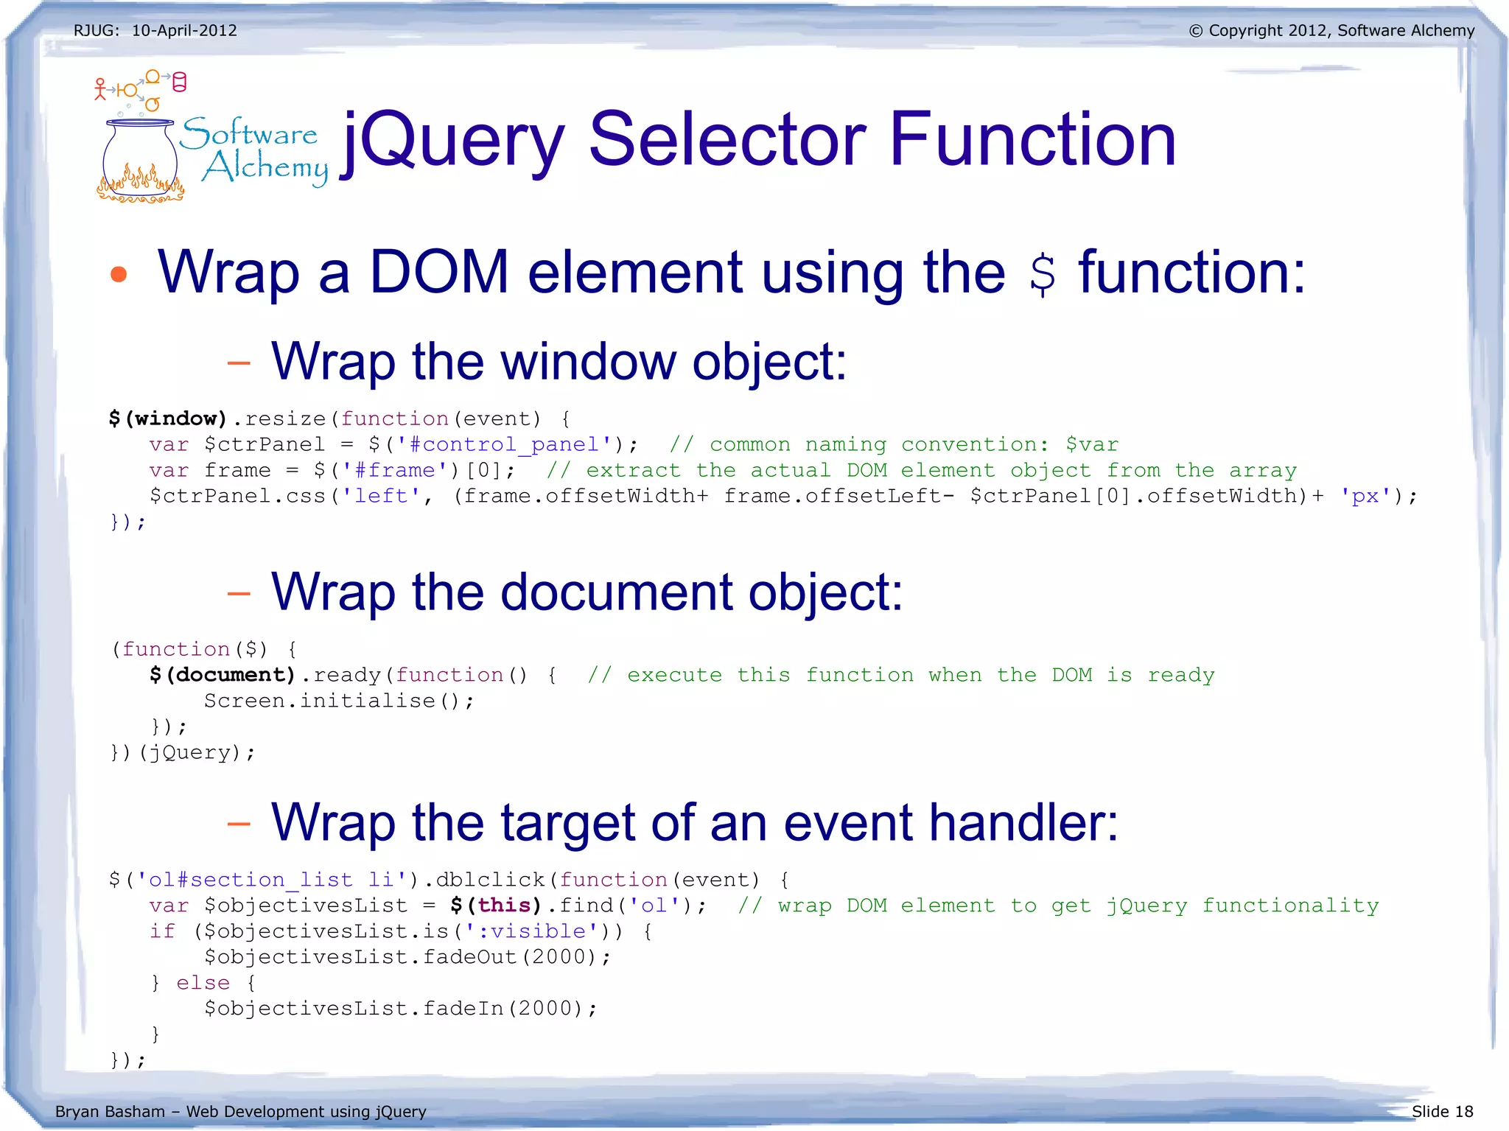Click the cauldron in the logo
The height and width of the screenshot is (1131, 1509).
[x=140, y=158]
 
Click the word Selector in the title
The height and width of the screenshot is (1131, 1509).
[x=727, y=139]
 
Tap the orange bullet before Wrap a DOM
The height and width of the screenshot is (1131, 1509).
[x=119, y=275]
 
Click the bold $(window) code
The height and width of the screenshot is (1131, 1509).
[x=168, y=419]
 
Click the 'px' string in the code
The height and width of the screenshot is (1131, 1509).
[x=1365, y=496]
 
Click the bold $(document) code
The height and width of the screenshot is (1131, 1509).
[x=223, y=675]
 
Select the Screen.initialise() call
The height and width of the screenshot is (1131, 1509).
[x=339, y=701]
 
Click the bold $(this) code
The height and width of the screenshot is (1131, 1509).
[x=496, y=906]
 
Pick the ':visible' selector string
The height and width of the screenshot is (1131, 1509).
[x=531, y=931]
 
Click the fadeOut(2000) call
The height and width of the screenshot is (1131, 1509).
[x=508, y=957]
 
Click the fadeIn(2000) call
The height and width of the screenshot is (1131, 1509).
[x=502, y=1009]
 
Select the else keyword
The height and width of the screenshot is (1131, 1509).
[x=203, y=983]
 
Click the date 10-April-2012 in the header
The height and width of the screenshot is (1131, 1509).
[x=184, y=31]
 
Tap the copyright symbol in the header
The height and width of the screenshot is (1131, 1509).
[x=1195, y=31]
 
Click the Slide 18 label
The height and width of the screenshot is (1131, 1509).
[x=1442, y=1111]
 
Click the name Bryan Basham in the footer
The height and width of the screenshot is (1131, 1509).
[x=110, y=1111]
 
